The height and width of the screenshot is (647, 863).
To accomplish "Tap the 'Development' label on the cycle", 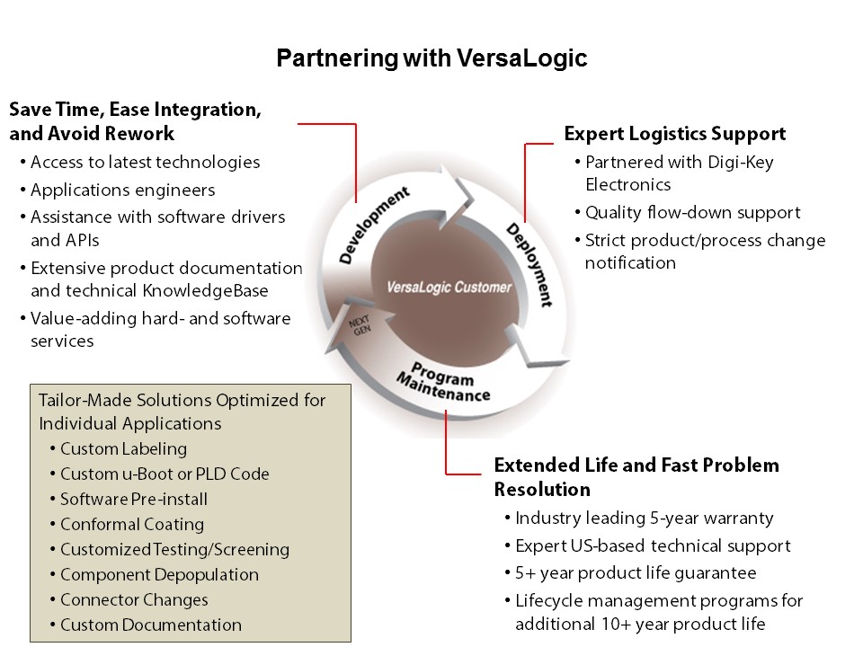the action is point(374,225).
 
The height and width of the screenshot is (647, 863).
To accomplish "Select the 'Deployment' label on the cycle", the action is point(529,264).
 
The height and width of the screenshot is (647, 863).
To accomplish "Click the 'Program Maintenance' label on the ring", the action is point(443,381).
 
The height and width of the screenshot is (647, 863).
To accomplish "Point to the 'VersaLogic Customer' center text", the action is point(449,288).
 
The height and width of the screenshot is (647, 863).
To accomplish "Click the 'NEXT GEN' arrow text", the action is point(360,325).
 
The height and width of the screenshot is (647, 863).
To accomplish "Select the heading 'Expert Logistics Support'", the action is point(675,134).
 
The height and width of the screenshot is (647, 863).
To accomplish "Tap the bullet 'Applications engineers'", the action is point(123,191).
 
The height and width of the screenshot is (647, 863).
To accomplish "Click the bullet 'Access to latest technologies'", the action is point(146,163).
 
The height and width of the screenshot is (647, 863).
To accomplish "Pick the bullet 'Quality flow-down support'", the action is point(692,212).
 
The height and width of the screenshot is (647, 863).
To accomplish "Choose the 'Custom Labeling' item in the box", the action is point(123,449).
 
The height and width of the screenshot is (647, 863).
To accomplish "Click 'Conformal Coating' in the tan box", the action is point(132,524).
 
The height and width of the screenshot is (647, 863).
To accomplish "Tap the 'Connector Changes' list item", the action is point(134,599).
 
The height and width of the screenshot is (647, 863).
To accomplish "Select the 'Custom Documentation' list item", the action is point(151,625).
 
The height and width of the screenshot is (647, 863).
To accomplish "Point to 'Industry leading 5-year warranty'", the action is point(644,518).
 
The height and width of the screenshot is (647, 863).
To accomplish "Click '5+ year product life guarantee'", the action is point(636,573).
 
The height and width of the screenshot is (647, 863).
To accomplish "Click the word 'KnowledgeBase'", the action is point(205,290).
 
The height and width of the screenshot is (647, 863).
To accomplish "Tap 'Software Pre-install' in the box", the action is point(134,499).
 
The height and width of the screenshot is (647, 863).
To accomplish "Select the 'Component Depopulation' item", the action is point(159,575).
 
